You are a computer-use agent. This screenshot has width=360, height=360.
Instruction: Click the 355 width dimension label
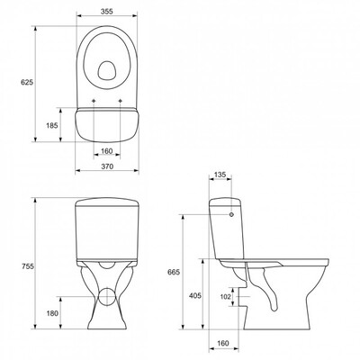pyautogui.click(x=106, y=12)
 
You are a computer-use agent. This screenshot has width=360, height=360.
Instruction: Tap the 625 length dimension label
pyautogui.click(x=27, y=83)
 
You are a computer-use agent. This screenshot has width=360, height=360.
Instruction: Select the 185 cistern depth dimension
pyautogui.click(x=52, y=125)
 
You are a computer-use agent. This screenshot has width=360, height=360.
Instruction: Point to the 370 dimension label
pyautogui.click(x=107, y=166)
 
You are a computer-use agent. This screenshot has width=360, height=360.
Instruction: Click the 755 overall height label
pyautogui.click(x=28, y=266)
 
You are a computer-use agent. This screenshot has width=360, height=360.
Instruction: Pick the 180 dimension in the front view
pyautogui.click(x=52, y=313)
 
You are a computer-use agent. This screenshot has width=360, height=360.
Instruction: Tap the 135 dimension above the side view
pyautogui.click(x=220, y=175)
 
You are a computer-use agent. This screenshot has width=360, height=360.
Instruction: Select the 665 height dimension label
pyautogui.click(x=174, y=273)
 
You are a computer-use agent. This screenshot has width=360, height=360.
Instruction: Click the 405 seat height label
pyautogui.click(x=195, y=295)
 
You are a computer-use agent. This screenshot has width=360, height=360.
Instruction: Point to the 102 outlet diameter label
pyautogui.click(x=226, y=297)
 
